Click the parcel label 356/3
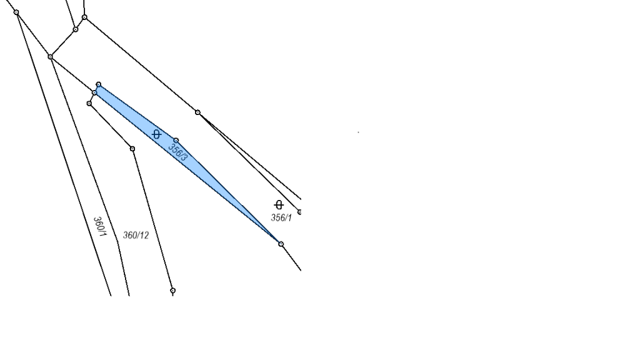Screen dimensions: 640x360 click(x=178, y=152)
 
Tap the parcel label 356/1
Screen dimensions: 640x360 click(x=281, y=218)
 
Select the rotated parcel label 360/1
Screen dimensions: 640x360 click(x=100, y=227)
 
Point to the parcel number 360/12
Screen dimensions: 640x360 click(x=136, y=235)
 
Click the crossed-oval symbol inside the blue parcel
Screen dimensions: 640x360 click(x=156, y=134)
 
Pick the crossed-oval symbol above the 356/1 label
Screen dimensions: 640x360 click(x=279, y=204)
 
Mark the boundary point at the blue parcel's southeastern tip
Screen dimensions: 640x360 click(x=281, y=244)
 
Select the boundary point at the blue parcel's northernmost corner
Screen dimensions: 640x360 click(x=98, y=84)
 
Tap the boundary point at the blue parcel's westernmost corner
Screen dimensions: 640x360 click(x=94, y=93)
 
